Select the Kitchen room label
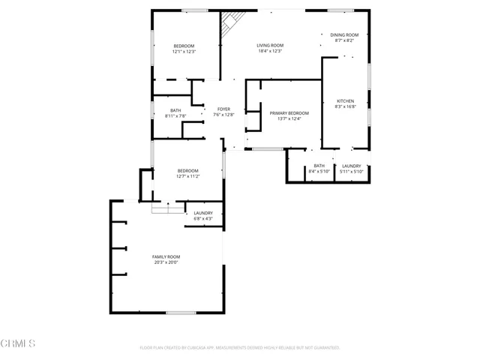coord(345,100)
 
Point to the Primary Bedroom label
coord(289,112)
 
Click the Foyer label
coord(224,109)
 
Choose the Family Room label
coord(166,256)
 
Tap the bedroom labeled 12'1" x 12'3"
coord(184,46)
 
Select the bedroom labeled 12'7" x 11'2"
coord(187,170)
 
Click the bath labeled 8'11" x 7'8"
coord(175,110)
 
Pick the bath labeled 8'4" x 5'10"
coord(319,166)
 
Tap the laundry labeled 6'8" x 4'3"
coord(203,213)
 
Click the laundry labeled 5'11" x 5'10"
coord(351,166)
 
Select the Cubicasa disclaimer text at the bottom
coord(240,348)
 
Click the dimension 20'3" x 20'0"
coord(166,262)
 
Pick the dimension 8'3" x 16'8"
coord(345,106)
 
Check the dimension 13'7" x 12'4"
coord(289,118)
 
